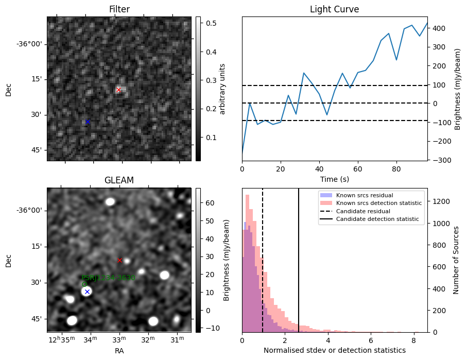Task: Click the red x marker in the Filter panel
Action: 118,90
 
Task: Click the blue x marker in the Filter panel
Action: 88,122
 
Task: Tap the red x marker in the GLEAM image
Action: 119,260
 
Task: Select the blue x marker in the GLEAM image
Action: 87,292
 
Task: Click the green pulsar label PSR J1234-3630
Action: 108,278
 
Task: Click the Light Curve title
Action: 334,9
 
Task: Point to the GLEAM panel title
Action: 119,180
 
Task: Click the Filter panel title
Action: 119,9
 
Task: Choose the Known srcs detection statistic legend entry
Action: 378,203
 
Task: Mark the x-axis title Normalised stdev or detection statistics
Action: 334,350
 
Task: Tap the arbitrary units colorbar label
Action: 222,89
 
